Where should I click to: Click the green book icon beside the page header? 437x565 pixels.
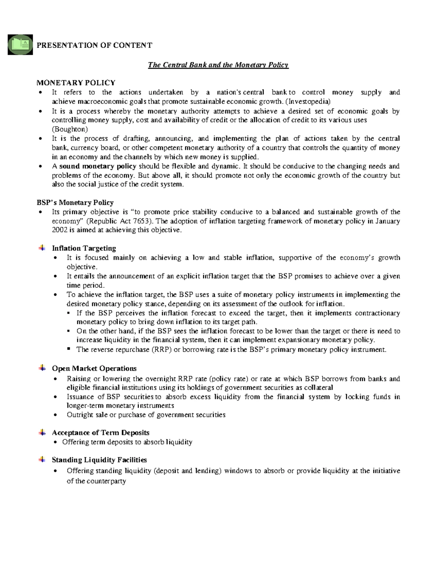click(20, 45)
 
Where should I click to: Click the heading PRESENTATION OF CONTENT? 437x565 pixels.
click(94, 45)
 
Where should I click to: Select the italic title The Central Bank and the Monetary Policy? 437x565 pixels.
click(218, 65)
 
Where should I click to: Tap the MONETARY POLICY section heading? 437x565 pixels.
click(76, 83)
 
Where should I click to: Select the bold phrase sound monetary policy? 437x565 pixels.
click(98, 166)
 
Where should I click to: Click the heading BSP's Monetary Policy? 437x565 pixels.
click(75, 203)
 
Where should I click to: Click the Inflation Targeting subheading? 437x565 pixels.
click(84, 248)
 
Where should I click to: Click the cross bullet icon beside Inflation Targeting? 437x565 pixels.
click(42, 248)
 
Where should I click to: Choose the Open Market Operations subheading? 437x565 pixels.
click(94, 369)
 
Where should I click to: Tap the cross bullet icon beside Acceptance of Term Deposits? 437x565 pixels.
click(42, 433)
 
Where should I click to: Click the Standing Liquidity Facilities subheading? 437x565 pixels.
click(99, 460)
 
